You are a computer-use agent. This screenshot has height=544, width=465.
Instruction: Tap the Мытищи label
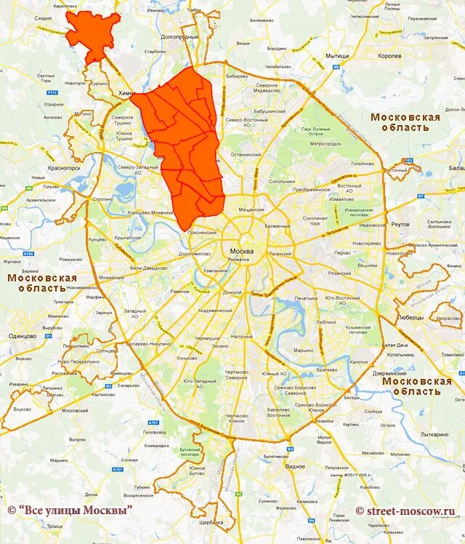[337, 56]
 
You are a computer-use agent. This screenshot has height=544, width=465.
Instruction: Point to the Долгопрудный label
[179, 36]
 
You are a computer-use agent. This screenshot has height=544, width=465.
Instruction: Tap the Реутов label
[401, 225]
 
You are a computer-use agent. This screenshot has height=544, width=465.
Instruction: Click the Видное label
[295, 465]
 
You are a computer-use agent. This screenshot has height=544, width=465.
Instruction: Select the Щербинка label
[211, 522]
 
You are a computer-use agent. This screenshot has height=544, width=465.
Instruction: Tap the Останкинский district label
[246, 154]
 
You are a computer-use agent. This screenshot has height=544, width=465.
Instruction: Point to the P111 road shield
[52, 93]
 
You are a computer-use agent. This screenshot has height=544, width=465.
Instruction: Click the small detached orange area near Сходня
[92, 36]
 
